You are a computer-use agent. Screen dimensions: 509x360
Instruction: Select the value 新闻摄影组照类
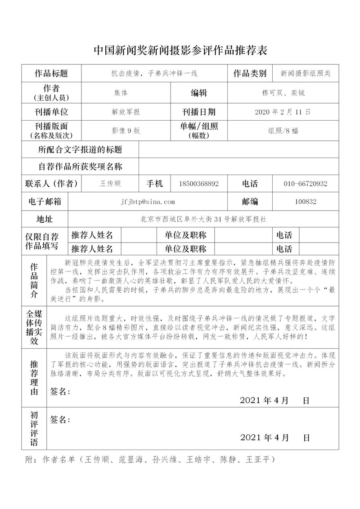(306, 73)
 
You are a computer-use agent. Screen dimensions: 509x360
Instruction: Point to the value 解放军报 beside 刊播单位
(126, 112)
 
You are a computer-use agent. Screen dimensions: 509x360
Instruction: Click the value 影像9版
(126, 131)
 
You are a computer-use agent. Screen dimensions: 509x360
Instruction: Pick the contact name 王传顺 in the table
(110, 184)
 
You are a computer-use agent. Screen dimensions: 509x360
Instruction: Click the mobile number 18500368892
(198, 184)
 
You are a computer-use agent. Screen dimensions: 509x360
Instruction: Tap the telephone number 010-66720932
(306, 184)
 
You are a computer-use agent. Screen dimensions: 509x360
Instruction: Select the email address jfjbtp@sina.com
(148, 202)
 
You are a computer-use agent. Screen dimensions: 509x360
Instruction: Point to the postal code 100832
(306, 202)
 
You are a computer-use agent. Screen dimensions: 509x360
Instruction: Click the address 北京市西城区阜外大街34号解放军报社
(203, 219)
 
